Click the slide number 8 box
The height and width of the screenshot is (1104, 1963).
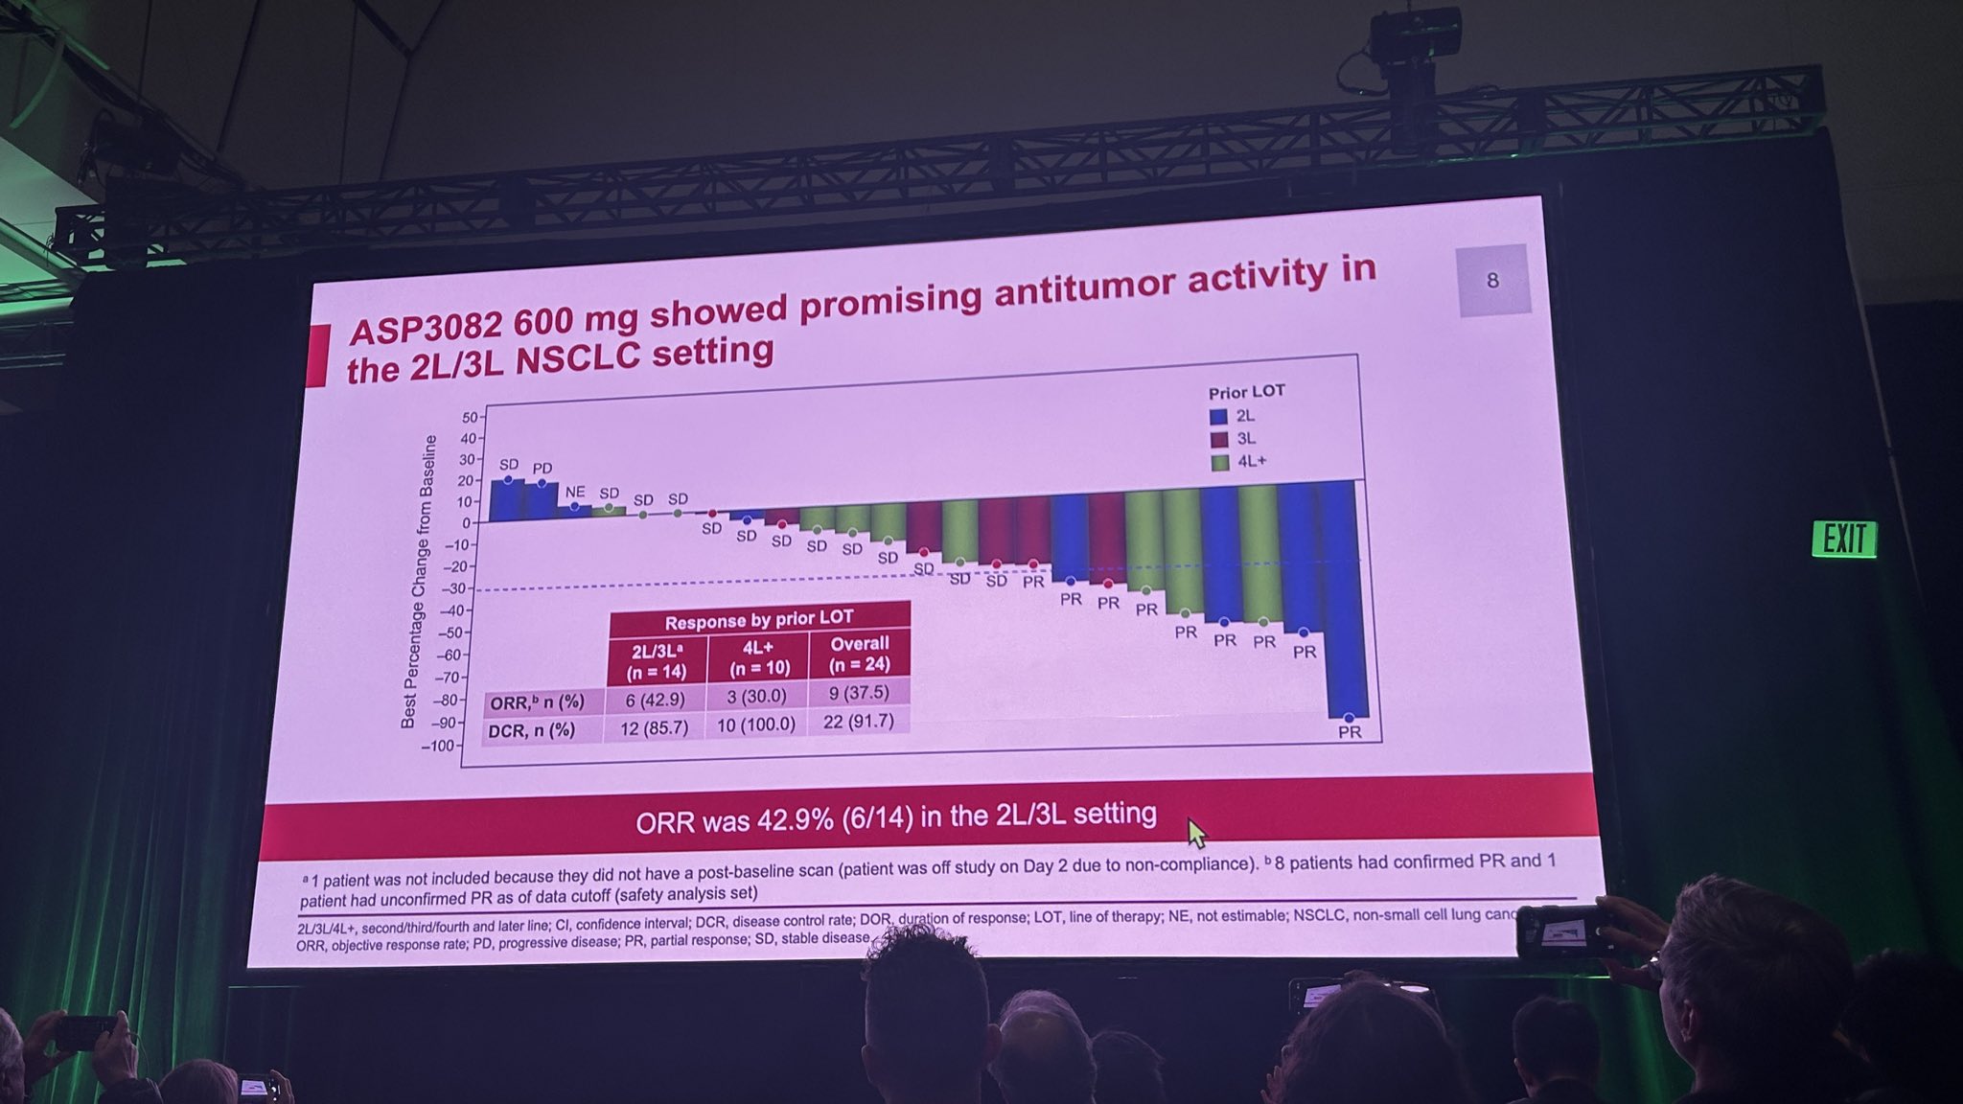(1492, 281)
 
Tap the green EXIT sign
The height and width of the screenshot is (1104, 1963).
(1843, 539)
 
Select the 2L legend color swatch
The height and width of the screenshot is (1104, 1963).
(1218, 417)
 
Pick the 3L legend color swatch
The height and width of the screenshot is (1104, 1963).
(1219, 440)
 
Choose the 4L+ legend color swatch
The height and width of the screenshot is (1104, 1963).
(1220, 463)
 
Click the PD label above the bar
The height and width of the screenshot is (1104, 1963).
(543, 469)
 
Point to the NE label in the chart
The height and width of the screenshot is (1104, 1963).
(574, 492)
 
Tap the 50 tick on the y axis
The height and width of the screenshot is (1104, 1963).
(470, 418)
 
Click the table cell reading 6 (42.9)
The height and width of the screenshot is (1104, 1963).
(656, 700)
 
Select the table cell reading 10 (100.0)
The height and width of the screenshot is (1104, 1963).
(756, 724)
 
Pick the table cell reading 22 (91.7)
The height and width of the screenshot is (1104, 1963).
(858, 721)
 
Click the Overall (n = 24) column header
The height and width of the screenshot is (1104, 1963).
(859, 654)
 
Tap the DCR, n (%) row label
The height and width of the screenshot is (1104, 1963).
(532, 731)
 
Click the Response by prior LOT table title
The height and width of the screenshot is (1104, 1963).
(758, 619)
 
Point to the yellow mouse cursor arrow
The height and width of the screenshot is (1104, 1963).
(1195, 832)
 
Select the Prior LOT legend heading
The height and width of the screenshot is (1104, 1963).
(1246, 392)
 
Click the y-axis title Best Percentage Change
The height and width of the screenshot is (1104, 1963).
(419, 581)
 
